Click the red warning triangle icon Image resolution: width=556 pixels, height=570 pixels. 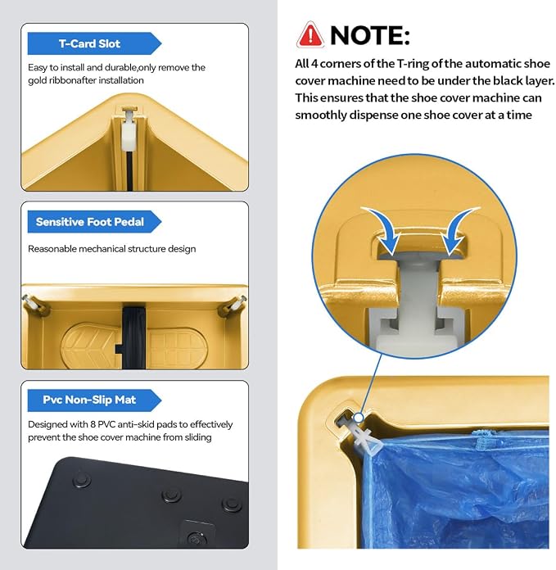click(310, 35)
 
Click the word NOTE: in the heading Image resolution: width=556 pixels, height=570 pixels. click(370, 36)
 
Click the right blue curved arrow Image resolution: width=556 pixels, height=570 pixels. click(459, 230)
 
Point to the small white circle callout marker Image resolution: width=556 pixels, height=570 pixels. click(359, 418)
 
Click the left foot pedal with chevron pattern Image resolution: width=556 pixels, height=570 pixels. click(91, 346)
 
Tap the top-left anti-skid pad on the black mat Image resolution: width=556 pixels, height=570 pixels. click(82, 480)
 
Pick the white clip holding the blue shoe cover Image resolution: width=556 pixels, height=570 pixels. click(363, 437)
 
